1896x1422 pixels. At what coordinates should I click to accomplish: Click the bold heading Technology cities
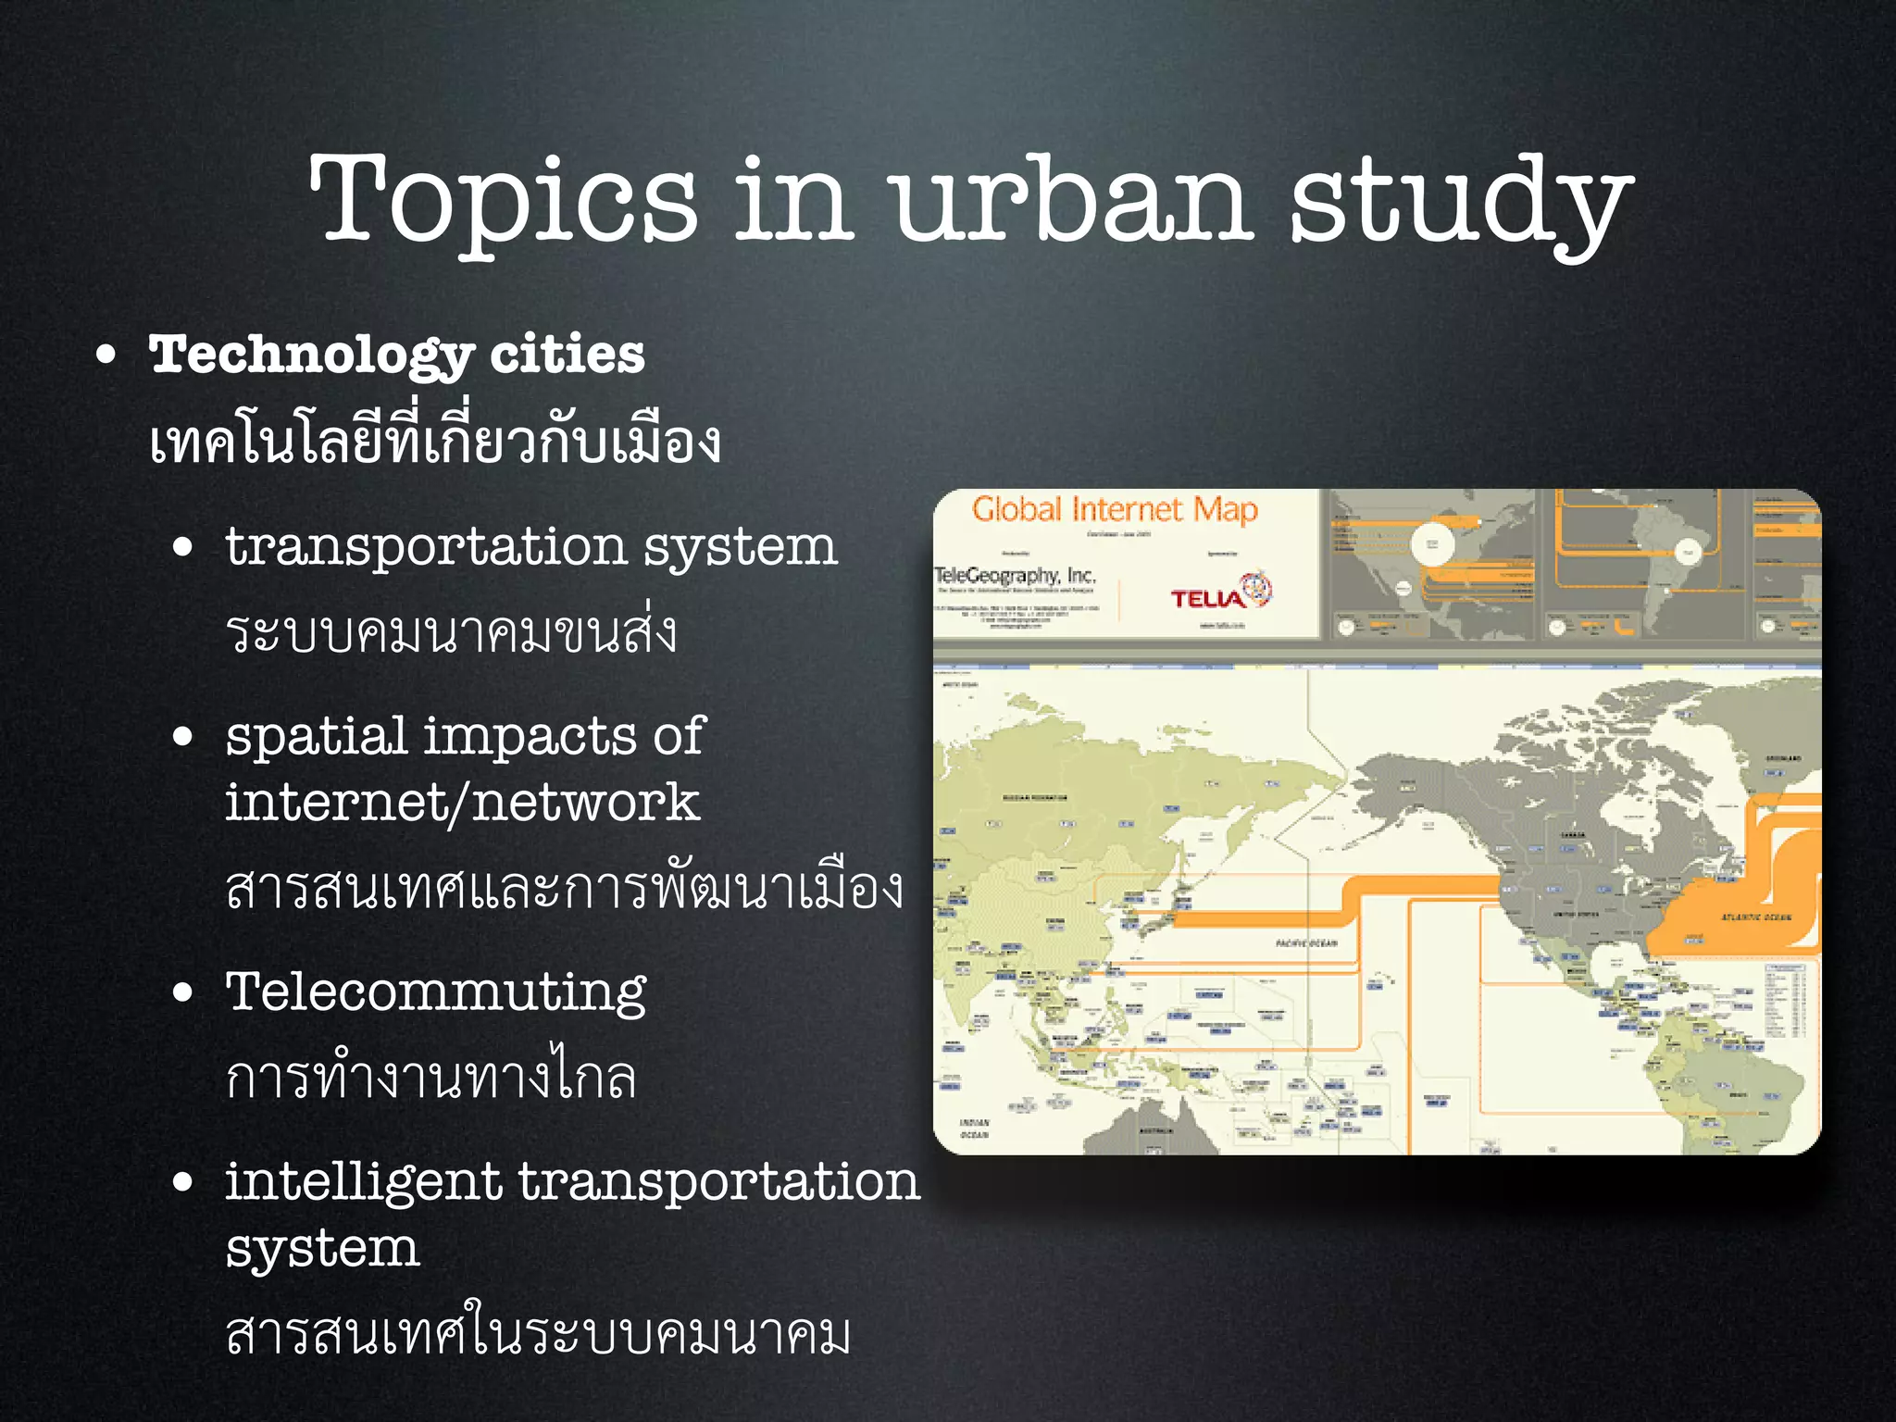396,355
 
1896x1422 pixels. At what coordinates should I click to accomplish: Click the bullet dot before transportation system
183,547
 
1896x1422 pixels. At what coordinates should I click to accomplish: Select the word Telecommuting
436,992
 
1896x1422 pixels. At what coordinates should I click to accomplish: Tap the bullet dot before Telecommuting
183,993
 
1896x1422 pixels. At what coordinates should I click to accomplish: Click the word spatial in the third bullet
316,738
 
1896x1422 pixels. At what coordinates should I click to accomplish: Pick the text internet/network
462,802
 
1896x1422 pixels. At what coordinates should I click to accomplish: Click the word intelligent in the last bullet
363,1182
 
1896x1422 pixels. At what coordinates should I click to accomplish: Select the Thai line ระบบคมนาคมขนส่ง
452,632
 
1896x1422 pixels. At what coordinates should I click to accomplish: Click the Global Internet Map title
1115,510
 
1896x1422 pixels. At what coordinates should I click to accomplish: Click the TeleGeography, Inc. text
1016,576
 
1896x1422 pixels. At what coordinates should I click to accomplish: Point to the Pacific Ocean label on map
1306,943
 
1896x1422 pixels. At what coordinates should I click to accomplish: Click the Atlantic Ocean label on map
1755,917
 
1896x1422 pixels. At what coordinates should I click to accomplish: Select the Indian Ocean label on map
975,1128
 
